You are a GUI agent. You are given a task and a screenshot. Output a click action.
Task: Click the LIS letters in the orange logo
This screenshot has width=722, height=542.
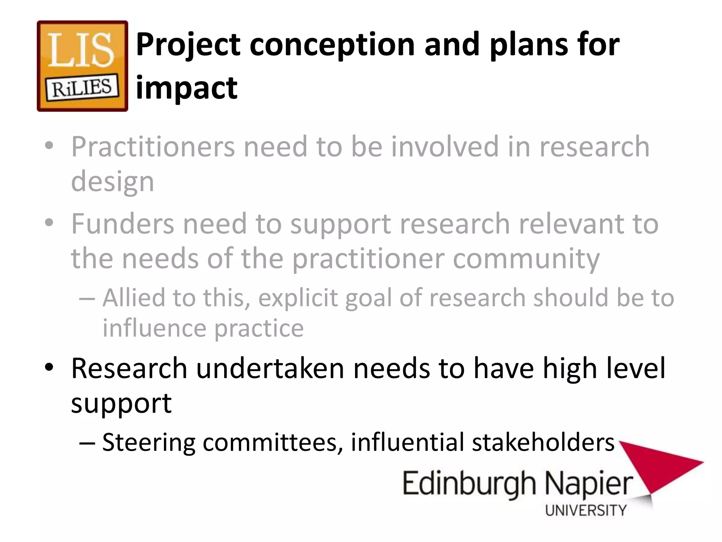click(x=81, y=50)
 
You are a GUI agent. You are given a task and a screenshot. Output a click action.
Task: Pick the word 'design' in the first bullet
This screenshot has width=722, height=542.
click(x=112, y=182)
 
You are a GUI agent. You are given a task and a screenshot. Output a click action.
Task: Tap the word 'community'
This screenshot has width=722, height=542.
click(x=526, y=259)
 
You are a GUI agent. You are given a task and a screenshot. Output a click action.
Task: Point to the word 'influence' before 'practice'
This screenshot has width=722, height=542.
click(x=154, y=328)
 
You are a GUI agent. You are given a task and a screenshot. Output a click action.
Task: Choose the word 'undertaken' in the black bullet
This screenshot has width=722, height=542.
click(x=270, y=368)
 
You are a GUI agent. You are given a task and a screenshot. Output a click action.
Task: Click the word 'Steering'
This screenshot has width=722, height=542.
click(x=148, y=442)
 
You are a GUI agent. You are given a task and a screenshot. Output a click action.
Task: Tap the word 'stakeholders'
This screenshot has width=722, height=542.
click(x=543, y=442)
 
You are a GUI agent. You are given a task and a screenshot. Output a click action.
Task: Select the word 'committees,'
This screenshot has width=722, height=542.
click(x=273, y=442)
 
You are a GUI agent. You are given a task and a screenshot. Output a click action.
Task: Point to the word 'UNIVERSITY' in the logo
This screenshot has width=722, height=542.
click(x=586, y=510)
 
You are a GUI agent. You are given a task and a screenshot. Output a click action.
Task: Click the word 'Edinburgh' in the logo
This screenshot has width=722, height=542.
click(x=469, y=484)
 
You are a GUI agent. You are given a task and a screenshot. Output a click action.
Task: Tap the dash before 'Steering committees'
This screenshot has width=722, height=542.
click(x=87, y=442)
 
